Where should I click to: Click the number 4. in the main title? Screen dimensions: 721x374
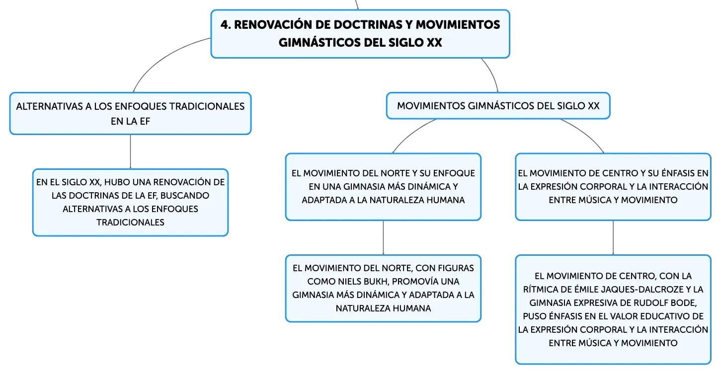coord(226,25)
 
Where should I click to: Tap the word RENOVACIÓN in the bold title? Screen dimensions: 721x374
coord(273,25)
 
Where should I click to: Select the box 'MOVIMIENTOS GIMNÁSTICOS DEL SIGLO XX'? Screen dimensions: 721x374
coord(498,106)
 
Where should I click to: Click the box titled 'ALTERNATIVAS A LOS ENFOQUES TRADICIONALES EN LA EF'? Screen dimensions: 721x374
coord(130,114)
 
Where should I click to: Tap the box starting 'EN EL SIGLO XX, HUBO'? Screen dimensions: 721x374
coord(130,203)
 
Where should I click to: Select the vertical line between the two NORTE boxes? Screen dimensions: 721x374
coord(383,238)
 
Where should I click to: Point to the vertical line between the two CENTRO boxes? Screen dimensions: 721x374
coord(613,238)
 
